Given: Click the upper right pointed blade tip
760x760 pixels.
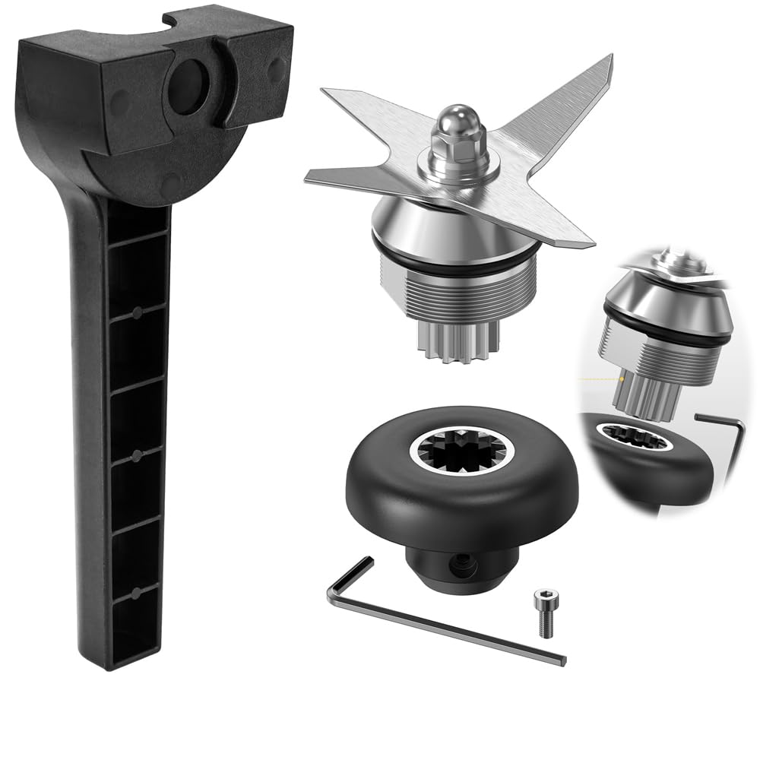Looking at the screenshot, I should click(x=605, y=62).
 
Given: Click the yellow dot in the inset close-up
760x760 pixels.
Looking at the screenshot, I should click(x=622, y=378).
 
